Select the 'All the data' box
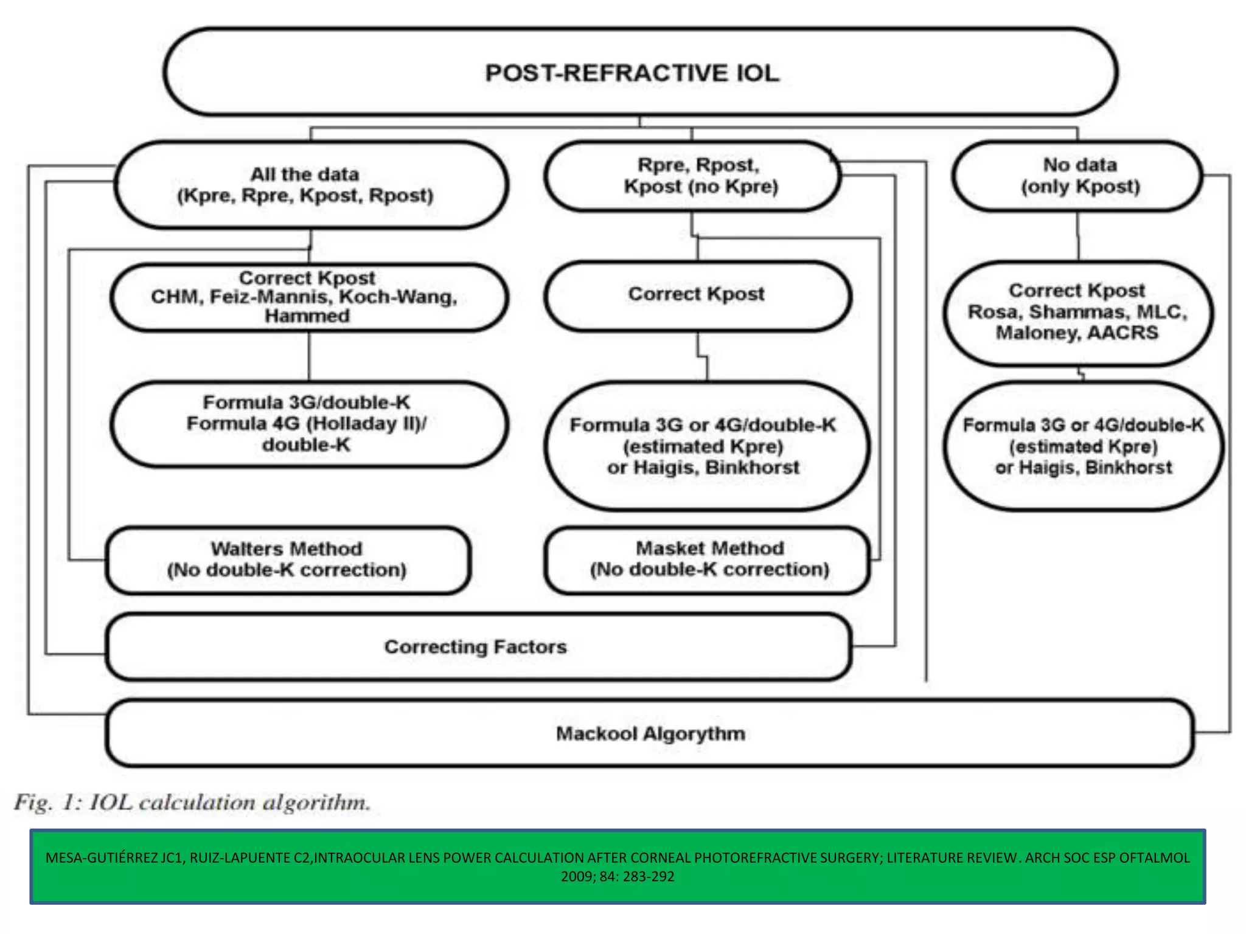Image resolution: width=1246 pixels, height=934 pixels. pyautogui.click(x=310, y=185)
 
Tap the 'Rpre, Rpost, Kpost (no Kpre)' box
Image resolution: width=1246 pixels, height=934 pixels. pyautogui.click(x=694, y=176)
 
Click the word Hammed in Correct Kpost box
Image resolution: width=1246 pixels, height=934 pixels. pyautogui.click(x=307, y=316)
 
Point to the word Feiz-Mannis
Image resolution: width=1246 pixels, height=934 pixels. pyautogui.click(x=270, y=297)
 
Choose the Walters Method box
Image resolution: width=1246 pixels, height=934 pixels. pyautogui.click(x=287, y=559)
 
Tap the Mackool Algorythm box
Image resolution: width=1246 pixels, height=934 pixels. pyautogui.click(x=650, y=734)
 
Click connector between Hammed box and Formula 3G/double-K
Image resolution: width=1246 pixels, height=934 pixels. pyautogui.click(x=309, y=356)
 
